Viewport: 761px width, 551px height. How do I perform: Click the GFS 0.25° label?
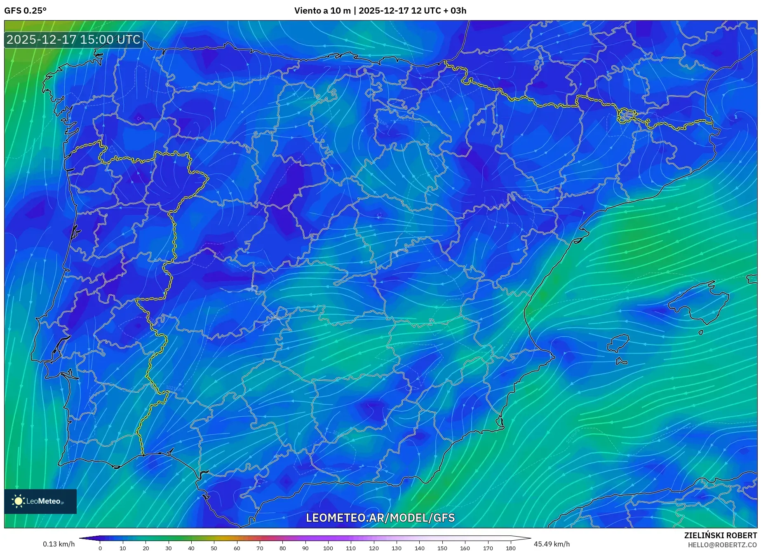coord(25,11)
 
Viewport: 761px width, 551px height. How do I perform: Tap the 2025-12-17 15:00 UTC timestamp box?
coord(74,40)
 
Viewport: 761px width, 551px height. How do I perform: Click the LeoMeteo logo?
coord(40,501)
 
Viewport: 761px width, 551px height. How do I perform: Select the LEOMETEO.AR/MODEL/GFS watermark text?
coord(380,518)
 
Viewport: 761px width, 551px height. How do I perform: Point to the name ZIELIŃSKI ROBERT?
coord(720,535)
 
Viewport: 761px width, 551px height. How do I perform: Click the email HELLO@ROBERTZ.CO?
coord(722,545)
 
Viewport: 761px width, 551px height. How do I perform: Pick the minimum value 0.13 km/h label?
coord(59,544)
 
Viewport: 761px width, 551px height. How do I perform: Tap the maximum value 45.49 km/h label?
coord(552,544)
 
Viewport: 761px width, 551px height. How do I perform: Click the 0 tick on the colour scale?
coord(100,548)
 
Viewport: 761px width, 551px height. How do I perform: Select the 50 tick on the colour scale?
coord(214,548)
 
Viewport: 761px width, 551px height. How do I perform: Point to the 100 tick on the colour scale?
coord(328,548)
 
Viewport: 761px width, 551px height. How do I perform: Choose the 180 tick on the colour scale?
coord(510,548)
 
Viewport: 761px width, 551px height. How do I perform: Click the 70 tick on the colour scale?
coord(260,548)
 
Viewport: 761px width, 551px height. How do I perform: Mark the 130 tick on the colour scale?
coord(397,548)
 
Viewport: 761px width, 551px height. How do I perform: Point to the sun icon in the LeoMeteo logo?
coord(19,501)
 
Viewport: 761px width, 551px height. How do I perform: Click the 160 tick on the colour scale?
coord(465,548)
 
